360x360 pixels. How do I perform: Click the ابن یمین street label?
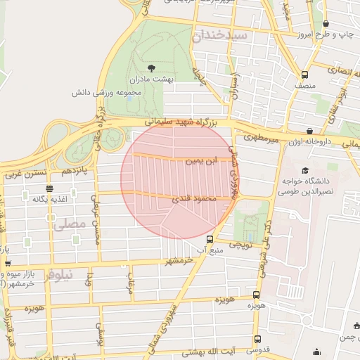click(199, 161)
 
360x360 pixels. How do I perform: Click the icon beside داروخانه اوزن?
click(309, 131)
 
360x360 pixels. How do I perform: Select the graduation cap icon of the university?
click(304, 170)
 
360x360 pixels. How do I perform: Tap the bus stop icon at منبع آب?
click(209, 238)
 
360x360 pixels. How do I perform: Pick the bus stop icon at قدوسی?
click(255, 340)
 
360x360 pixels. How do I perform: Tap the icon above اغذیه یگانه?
click(49, 188)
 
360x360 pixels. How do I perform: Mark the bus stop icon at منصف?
click(304, 75)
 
